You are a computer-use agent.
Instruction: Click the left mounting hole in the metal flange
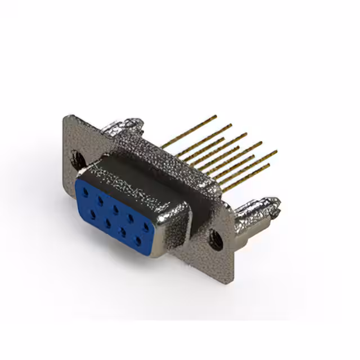click(79, 157)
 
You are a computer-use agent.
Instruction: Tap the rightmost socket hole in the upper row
click(146, 226)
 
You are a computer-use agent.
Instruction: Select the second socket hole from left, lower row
click(106, 223)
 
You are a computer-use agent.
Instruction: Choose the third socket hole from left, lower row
click(121, 232)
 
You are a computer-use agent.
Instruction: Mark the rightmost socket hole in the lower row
click(137, 241)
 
